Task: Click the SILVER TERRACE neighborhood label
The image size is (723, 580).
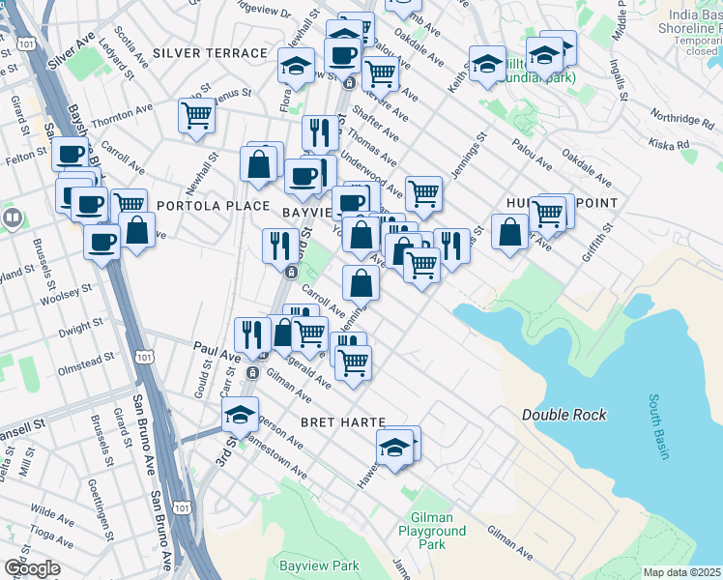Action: click(209, 53)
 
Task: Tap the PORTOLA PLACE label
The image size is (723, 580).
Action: click(199, 206)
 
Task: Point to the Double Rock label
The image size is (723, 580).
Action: click(564, 415)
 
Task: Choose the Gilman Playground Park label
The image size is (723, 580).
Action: click(431, 531)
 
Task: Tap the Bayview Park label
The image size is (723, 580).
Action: click(319, 565)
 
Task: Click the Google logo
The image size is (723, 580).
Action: click(32, 568)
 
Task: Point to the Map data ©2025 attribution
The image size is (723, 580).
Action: click(682, 572)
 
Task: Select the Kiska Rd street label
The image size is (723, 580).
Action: click(669, 145)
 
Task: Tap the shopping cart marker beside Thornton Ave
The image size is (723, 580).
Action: click(196, 115)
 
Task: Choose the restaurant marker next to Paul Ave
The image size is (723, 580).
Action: click(251, 334)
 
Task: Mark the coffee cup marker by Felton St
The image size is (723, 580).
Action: click(69, 154)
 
